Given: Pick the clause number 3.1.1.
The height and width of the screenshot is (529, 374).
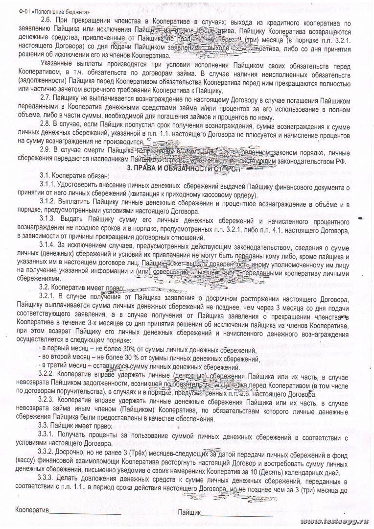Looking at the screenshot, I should click(x=47, y=187).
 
